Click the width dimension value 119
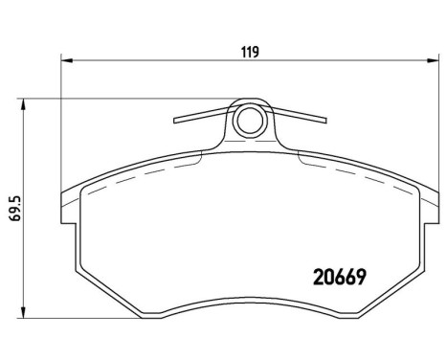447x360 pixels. (251, 52)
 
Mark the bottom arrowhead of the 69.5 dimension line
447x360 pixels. (25, 313)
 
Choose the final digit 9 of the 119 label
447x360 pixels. (257, 52)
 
